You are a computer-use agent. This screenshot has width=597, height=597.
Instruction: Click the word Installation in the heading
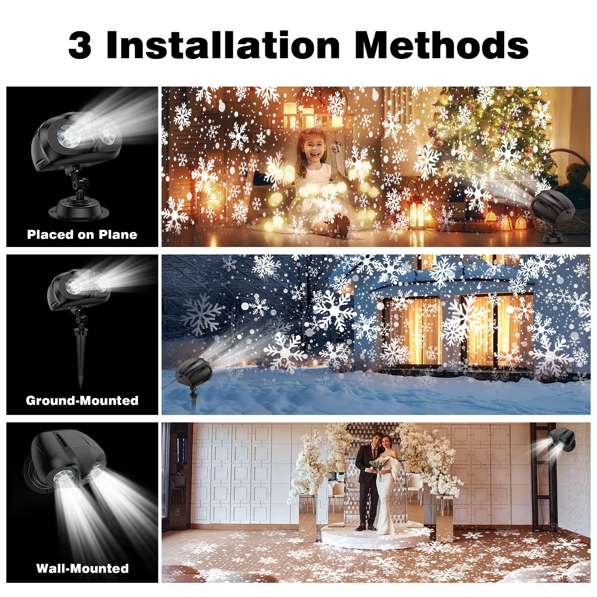[x=223, y=45]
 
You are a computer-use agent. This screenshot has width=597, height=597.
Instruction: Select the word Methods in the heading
[x=441, y=45]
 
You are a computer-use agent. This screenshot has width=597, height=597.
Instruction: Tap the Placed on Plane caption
[x=82, y=235]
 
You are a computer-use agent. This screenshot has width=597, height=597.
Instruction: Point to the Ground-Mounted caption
[x=82, y=401]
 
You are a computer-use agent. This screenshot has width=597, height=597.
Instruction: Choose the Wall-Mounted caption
[x=82, y=568]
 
